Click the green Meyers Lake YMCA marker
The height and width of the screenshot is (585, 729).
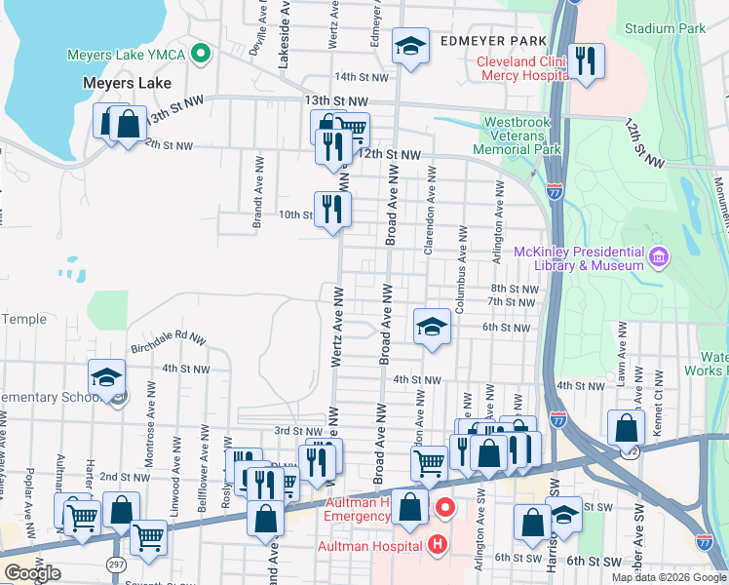(x=202, y=53)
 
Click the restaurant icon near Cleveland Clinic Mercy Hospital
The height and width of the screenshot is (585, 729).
(x=586, y=60)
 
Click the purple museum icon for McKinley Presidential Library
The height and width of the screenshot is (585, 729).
(x=660, y=256)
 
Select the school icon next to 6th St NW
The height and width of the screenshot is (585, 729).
(x=432, y=327)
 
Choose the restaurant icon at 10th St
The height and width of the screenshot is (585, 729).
(x=332, y=209)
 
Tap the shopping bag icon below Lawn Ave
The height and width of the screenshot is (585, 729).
(x=626, y=427)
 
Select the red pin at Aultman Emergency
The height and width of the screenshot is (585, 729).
(x=445, y=507)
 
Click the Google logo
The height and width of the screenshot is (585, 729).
(x=32, y=573)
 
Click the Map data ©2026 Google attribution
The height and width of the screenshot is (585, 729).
(x=669, y=577)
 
